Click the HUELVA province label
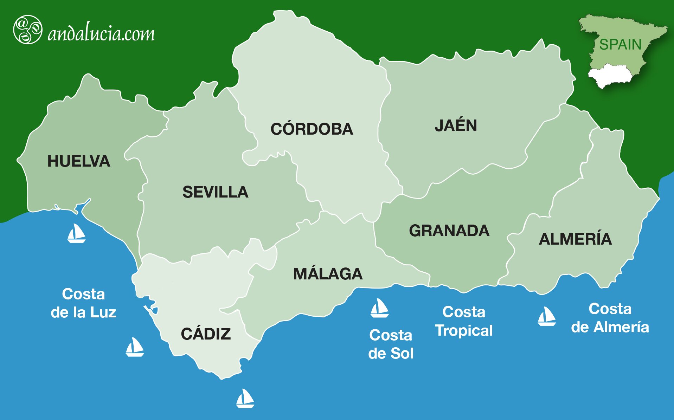coord(79,161)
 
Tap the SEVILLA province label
coord(215,192)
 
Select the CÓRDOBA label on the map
coord(312,129)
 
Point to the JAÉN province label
coord(456,126)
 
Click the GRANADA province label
coord(449,231)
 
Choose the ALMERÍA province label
coord(575,239)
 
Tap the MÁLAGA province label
coord(328,274)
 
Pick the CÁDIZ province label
coord(206,334)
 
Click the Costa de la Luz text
coord(83,303)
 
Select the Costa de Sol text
coord(391,344)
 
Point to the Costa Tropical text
coord(464,321)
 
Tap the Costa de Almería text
coord(610,318)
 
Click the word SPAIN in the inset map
coord(620,45)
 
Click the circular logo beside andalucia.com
coord(27,30)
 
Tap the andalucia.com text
coord(101,34)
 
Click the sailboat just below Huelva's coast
coord(76,233)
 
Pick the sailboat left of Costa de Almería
coord(546,316)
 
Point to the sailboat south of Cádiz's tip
coord(245,398)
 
